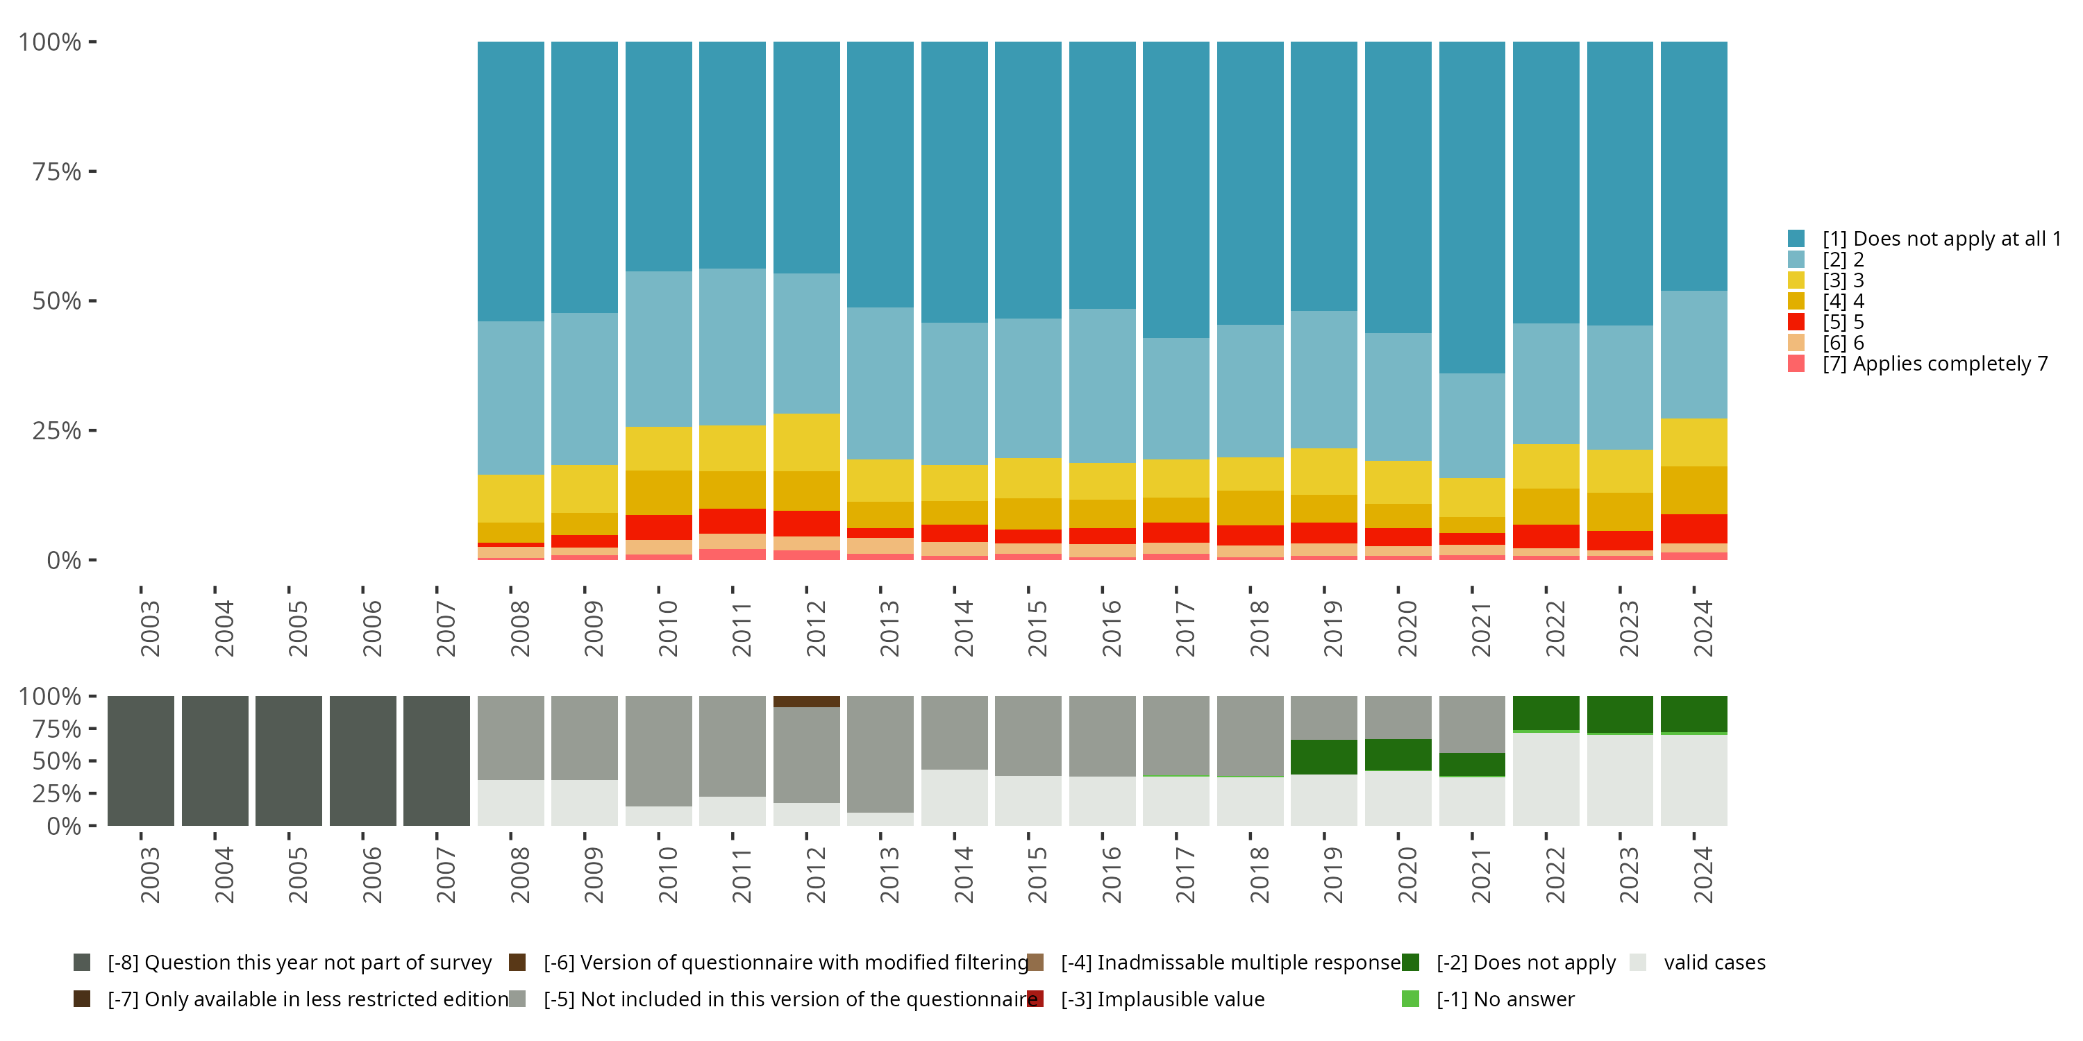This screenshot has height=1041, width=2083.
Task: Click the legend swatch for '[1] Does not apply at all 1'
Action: pyautogui.click(x=1796, y=239)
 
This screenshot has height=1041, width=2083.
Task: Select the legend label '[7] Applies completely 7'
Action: pyautogui.click(x=1935, y=364)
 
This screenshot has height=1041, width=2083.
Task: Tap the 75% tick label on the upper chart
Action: pyautogui.click(x=57, y=171)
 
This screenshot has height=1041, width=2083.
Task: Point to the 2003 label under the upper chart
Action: pyautogui.click(x=149, y=628)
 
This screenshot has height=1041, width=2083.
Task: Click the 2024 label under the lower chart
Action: pyautogui.click(x=1703, y=874)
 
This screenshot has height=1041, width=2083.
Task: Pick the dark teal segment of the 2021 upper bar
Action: pyautogui.click(x=1472, y=208)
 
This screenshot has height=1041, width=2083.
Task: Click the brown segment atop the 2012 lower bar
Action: pyautogui.click(x=806, y=702)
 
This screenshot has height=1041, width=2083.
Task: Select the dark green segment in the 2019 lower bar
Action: pyautogui.click(x=1323, y=757)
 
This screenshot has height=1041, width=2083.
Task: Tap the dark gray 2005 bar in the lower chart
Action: pyautogui.click(x=289, y=761)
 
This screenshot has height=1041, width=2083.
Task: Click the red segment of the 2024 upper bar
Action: pyautogui.click(x=1694, y=529)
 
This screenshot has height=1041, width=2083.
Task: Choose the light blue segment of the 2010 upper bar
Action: pyautogui.click(x=659, y=349)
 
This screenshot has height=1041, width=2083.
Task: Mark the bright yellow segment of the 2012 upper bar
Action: pyautogui.click(x=806, y=442)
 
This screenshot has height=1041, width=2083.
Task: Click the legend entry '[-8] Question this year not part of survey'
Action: pyautogui.click(x=282, y=963)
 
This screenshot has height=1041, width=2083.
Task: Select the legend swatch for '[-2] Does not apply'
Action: pyautogui.click(x=1410, y=963)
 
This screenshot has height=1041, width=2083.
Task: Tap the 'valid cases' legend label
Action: pyautogui.click(x=1714, y=963)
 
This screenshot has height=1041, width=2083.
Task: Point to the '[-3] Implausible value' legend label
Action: pyautogui.click(x=1163, y=1000)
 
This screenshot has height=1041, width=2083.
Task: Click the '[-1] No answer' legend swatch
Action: pyautogui.click(x=1410, y=999)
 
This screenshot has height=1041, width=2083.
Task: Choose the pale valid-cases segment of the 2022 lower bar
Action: pyautogui.click(x=1546, y=779)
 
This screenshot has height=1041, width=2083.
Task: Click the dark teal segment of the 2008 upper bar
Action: pyautogui.click(x=511, y=182)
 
